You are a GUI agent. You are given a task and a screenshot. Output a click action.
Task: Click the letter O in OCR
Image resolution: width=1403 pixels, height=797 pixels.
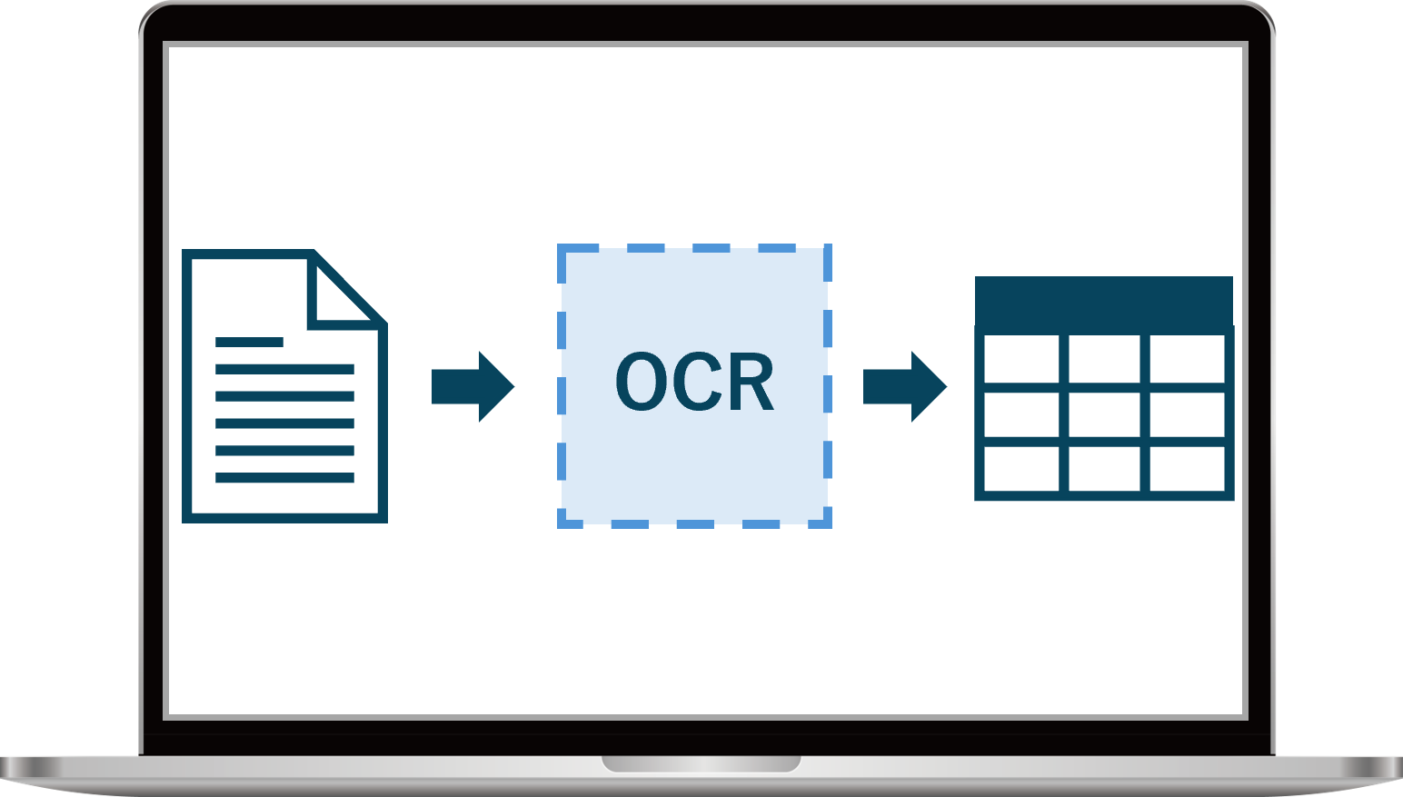642,381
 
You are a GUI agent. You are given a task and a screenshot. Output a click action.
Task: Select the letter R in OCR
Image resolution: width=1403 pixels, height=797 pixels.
752,381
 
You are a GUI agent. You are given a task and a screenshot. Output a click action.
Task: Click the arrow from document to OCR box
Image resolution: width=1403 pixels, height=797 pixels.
473,386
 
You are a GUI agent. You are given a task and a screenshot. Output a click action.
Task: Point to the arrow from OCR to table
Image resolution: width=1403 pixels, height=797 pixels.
905,386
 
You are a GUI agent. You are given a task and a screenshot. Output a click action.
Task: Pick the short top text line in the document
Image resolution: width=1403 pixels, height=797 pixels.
249,342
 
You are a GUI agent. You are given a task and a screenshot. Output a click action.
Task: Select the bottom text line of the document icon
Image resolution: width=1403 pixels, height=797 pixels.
285,477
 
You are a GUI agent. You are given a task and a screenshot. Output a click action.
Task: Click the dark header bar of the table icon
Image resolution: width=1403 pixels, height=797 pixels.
1104,302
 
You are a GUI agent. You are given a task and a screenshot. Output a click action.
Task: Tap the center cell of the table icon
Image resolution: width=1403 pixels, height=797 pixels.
1104,414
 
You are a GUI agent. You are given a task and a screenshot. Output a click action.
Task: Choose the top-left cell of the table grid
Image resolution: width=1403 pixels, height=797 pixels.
1021,359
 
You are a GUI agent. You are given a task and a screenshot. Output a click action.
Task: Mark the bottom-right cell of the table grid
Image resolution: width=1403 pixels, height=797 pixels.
1187,469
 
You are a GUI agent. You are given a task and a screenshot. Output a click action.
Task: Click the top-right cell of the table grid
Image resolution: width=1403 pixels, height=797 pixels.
1187,359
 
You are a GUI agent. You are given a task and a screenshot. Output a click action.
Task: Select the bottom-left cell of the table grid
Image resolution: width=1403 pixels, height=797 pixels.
1021,469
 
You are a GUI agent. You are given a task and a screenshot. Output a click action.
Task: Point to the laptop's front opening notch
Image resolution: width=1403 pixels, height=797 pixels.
701,763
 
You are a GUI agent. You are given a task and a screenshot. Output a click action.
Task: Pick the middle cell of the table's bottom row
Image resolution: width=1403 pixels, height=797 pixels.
1104,469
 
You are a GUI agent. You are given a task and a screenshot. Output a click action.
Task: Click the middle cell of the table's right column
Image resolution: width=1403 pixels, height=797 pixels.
1187,414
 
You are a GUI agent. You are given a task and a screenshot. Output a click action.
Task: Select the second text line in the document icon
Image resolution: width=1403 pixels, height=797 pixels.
285,369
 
